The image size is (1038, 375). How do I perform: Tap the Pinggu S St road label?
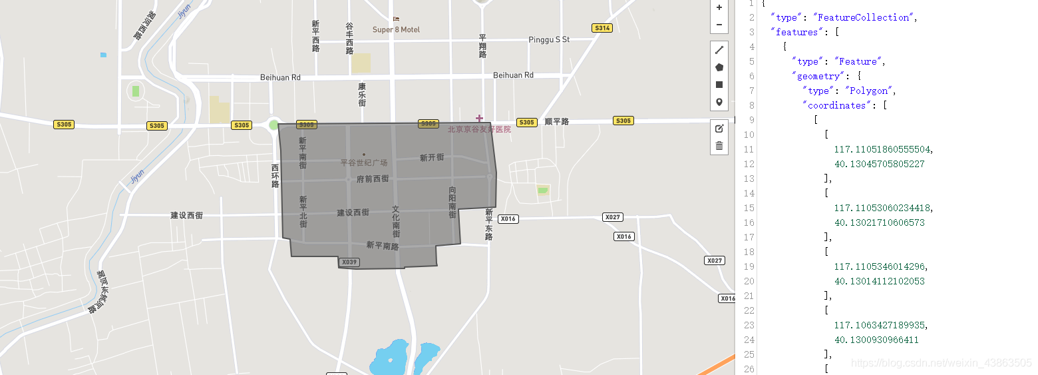[x=549, y=40]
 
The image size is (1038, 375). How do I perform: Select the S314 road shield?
[x=602, y=28]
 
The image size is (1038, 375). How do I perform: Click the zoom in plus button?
[x=719, y=8]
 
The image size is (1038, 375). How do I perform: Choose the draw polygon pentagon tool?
[x=719, y=67]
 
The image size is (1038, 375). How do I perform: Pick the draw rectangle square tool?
[x=719, y=85]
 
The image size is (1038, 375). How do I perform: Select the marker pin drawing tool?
[x=719, y=102]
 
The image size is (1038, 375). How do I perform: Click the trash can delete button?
[x=719, y=146]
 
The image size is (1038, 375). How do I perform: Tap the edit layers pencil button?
[x=719, y=129]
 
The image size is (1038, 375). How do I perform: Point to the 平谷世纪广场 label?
[x=364, y=163]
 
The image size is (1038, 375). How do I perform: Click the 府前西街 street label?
[x=373, y=179]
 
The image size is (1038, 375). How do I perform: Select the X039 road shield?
[x=349, y=262]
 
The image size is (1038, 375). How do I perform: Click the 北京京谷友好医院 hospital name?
[x=479, y=129]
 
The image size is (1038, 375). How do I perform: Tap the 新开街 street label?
[x=432, y=158]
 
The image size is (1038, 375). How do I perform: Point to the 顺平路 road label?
[x=557, y=122]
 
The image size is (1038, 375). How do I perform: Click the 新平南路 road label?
[x=383, y=246]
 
